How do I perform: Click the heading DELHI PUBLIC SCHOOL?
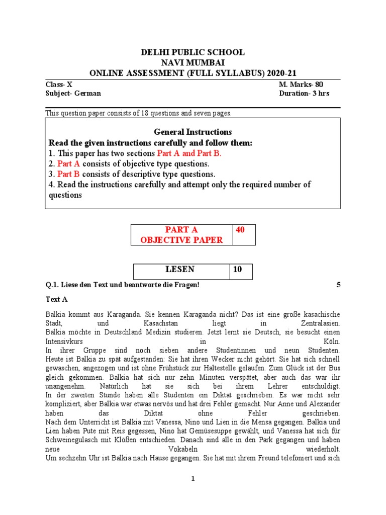point(192,52)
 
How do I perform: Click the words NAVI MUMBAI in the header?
point(193,62)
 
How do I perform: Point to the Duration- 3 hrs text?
point(304,94)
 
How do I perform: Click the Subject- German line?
point(73,94)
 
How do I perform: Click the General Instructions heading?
point(193,132)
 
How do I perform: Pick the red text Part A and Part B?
point(189,153)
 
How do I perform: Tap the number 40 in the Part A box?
point(240,230)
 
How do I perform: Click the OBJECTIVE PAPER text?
point(181,240)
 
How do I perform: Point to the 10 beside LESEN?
point(237,270)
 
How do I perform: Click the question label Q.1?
point(52,285)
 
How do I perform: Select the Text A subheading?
point(56,299)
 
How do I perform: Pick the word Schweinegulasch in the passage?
point(71,441)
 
